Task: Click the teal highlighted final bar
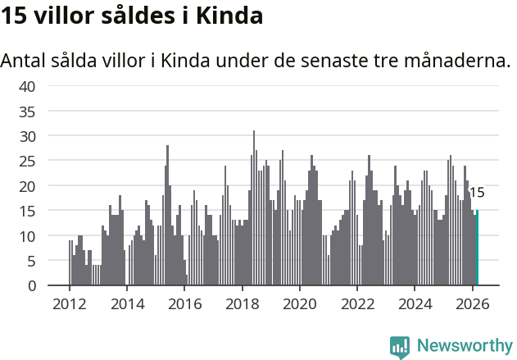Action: click(477, 248)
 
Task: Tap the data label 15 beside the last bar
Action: click(476, 194)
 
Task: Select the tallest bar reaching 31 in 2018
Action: click(254, 208)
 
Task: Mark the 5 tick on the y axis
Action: click(30, 261)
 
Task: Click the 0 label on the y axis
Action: click(30, 286)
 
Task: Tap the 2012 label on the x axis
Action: click(69, 303)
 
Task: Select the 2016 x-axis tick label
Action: click(184, 303)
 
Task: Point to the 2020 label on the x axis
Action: click(300, 303)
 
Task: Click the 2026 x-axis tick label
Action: click(473, 303)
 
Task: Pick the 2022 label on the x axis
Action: click(357, 303)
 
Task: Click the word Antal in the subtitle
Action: click(24, 62)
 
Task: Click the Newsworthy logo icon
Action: click(400, 347)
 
